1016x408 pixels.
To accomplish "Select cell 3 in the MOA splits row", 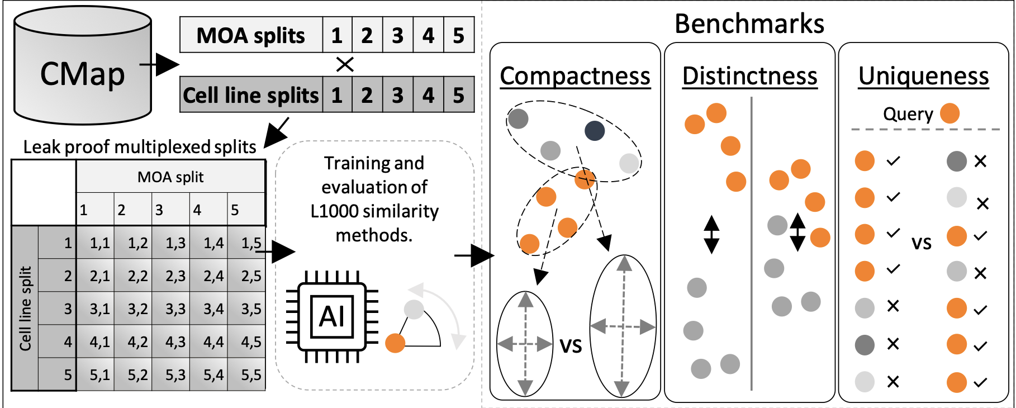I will tap(397, 36).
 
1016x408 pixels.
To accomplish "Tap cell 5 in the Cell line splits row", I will tap(458, 95).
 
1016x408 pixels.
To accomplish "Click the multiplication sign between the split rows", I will tap(345, 65).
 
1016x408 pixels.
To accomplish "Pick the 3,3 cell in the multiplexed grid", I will tap(175, 309).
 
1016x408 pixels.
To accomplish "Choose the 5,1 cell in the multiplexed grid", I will tap(99, 375).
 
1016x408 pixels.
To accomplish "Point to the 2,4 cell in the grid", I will tap(213, 276).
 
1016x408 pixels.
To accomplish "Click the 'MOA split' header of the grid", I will tap(170, 177).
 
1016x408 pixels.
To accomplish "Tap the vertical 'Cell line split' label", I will tap(25, 309).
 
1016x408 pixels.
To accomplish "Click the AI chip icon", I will tap(332, 317).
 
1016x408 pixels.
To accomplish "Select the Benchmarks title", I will tap(749, 24).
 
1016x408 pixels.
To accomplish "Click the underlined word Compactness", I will tap(575, 76).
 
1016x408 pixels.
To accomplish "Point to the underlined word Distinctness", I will tap(749, 76).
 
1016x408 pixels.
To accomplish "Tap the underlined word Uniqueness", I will tap(923, 76).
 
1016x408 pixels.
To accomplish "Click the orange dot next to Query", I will tap(949, 113).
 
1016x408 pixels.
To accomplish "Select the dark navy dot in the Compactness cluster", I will tap(595, 131).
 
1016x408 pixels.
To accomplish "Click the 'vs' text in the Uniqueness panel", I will tap(922, 243).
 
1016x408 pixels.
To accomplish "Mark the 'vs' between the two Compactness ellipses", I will tap(571, 345).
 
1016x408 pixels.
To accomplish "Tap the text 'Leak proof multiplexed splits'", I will tap(140, 147).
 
